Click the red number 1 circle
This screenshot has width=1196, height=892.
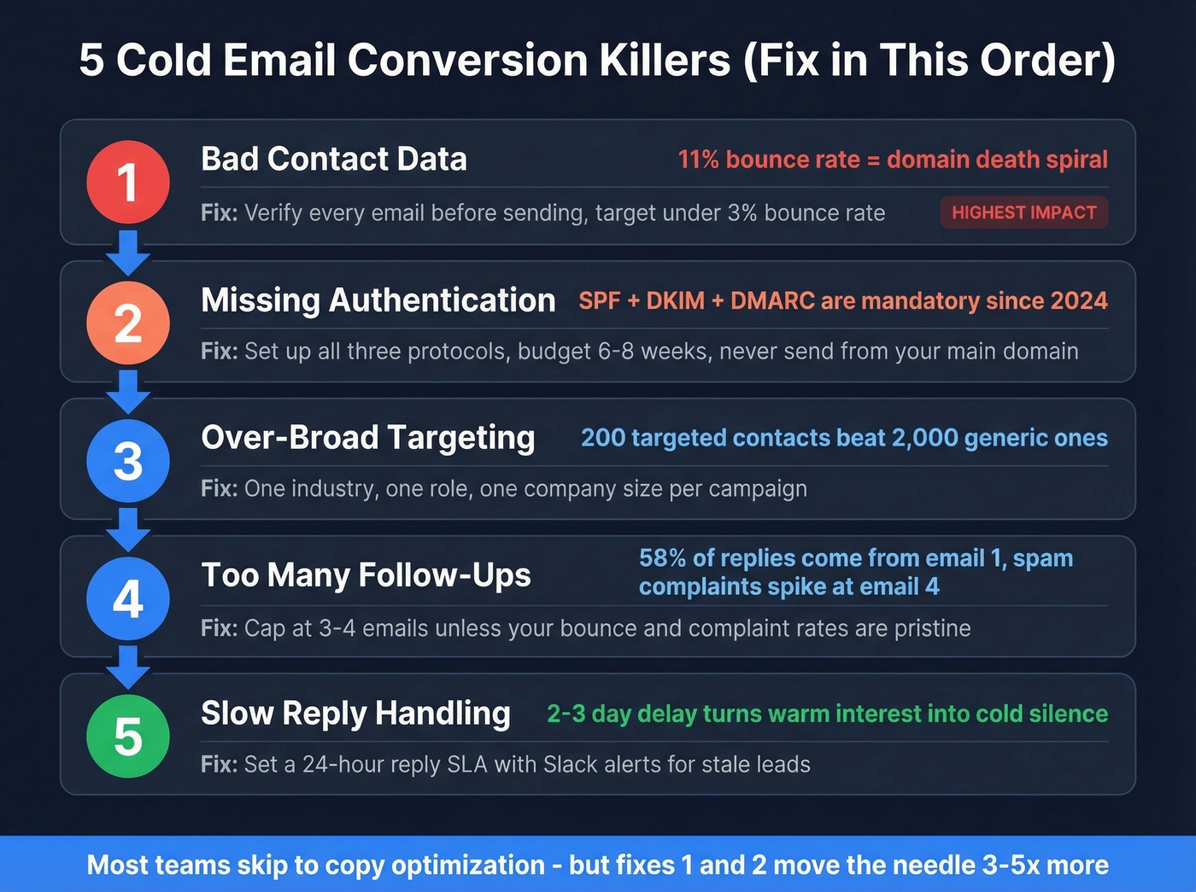coord(128,183)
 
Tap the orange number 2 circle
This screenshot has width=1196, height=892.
coord(128,323)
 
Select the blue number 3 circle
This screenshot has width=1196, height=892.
coord(128,461)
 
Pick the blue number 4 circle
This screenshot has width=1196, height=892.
coord(128,598)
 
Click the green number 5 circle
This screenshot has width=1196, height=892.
coord(128,736)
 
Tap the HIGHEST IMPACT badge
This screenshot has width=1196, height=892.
coord(1023,213)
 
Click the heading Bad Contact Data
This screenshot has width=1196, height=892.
coord(334,159)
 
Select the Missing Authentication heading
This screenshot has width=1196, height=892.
coord(378,300)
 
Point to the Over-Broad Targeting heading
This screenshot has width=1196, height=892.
coord(367,438)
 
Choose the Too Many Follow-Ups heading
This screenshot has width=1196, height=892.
coord(366,575)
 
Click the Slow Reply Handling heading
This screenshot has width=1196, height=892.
coord(355,713)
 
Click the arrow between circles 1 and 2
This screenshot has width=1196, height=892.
coord(128,252)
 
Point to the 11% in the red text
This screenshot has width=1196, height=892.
coord(698,160)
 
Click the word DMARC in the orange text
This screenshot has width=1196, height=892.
coord(772,300)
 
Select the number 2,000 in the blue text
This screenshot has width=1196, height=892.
coord(924,438)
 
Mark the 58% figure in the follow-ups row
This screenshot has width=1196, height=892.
coord(662,558)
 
